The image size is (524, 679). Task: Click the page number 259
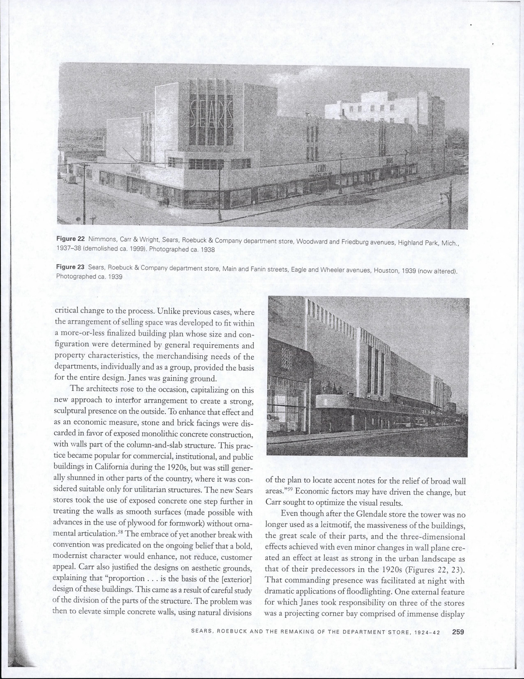pyautogui.click(x=458, y=632)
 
